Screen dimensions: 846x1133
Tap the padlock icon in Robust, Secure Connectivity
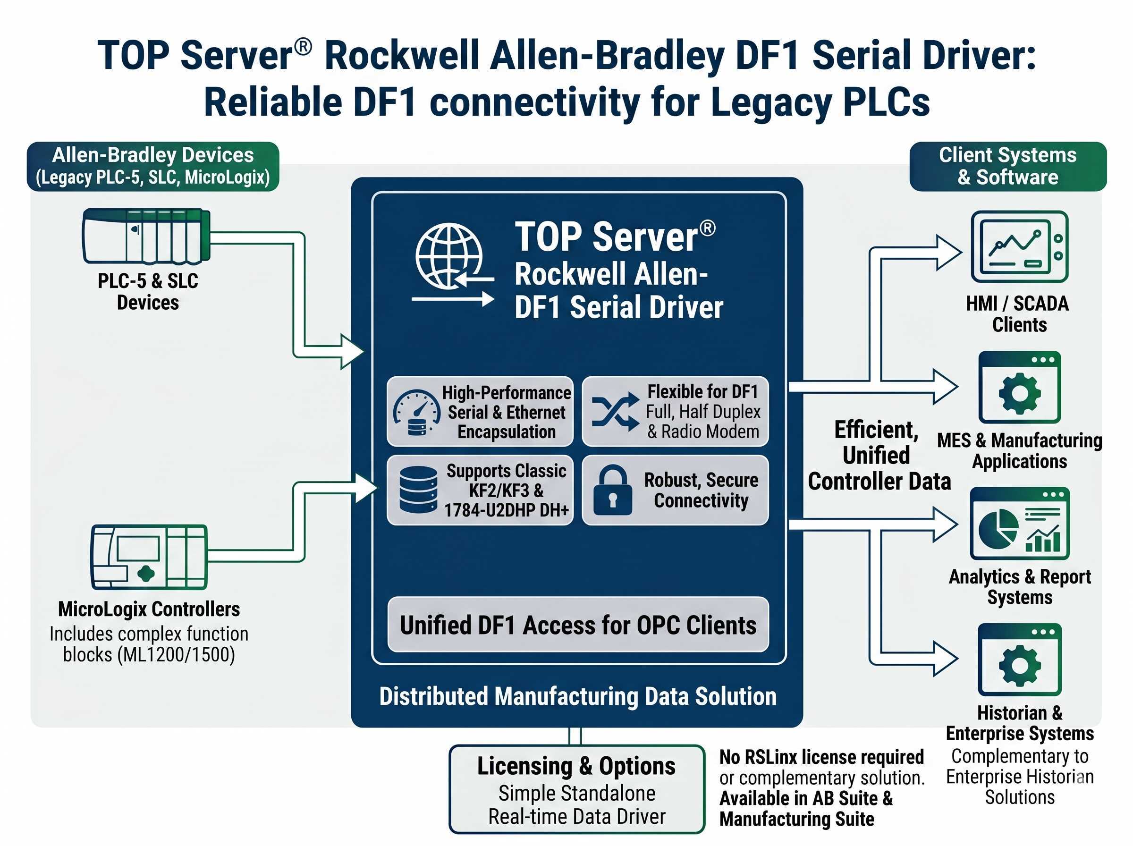pyautogui.click(x=612, y=491)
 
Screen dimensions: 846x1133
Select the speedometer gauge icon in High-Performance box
pyautogui.click(x=416, y=413)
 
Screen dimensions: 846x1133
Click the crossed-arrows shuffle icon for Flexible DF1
pyautogui.click(x=615, y=412)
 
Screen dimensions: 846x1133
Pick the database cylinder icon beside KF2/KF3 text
pyautogui.click(x=418, y=490)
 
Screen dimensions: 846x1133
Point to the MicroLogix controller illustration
pyautogui.click(x=149, y=557)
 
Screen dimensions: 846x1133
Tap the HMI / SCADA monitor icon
pyautogui.click(x=1019, y=246)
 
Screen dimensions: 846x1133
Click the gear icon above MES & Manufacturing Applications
pyautogui.click(x=1019, y=393)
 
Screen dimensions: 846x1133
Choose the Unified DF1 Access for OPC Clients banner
pyautogui.click(x=577, y=625)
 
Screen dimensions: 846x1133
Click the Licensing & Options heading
pyautogui.click(x=576, y=766)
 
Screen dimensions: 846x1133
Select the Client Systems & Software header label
pyautogui.click(x=1007, y=166)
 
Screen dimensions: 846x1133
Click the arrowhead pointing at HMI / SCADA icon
pyautogui.click(x=949, y=252)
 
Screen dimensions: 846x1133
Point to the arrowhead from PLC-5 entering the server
pyautogui.click(x=353, y=351)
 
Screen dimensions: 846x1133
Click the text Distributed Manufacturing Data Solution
pyautogui.click(x=577, y=696)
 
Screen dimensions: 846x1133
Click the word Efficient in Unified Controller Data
pyautogui.click(x=875, y=430)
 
